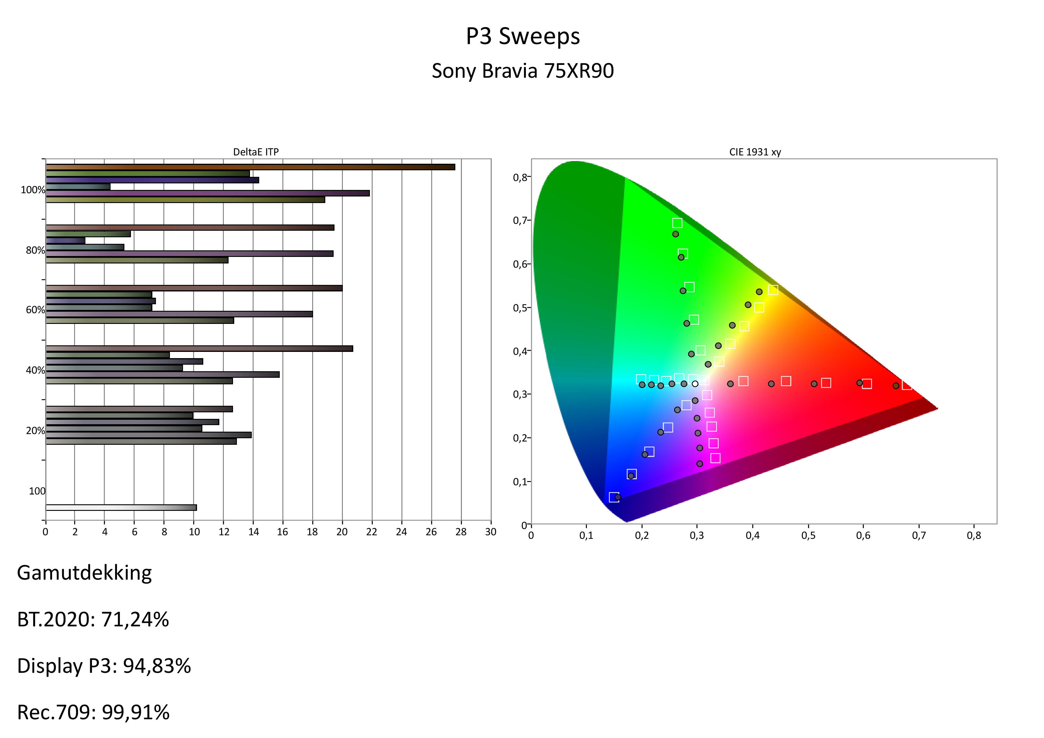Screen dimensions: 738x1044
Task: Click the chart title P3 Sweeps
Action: [x=523, y=36]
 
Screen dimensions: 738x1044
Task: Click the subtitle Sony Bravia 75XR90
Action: [x=523, y=71]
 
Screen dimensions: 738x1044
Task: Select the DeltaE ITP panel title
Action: [x=256, y=152]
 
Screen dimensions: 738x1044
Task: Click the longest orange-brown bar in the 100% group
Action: [x=250, y=167]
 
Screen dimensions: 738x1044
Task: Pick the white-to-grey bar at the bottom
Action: [x=121, y=508]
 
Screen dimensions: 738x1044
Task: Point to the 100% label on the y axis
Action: [x=33, y=190]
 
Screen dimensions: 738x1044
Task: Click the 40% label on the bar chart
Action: [x=35, y=370]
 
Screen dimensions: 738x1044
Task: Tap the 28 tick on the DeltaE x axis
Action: [x=461, y=532]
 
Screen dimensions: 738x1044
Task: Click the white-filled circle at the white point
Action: [x=695, y=384]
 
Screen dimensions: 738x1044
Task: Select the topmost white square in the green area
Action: [x=677, y=223]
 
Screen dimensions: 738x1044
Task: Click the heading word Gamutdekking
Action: [x=84, y=573]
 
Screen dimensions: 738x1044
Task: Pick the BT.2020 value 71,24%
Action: [x=135, y=619]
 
